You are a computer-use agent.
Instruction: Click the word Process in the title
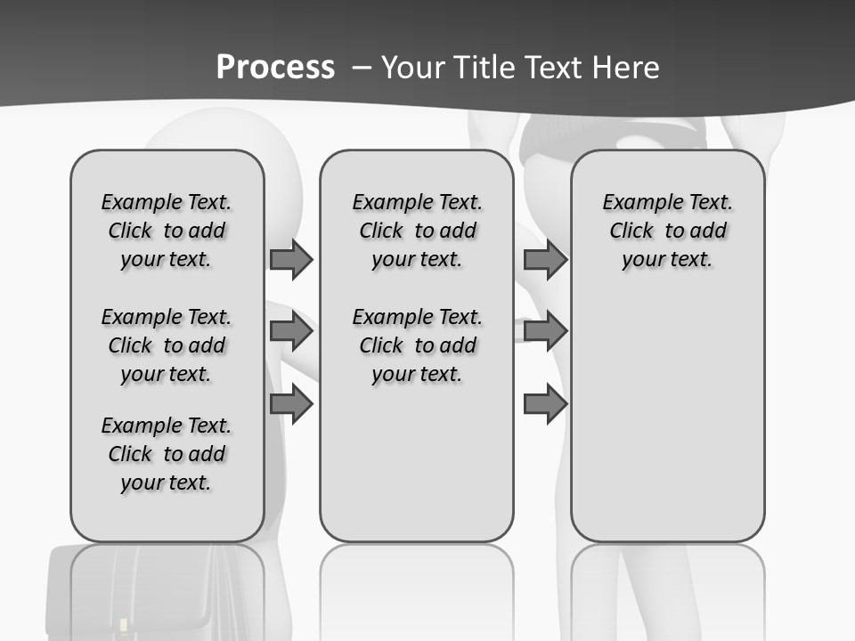coord(275,68)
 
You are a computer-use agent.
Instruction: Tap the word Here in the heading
coord(629,68)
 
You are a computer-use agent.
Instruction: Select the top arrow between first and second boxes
coord(291,260)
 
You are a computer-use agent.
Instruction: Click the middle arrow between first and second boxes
coord(291,332)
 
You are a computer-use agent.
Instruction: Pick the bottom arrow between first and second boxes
coord(291,404)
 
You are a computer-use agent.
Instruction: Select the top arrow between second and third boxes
coord(545,260)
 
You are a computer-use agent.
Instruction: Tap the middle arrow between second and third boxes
coord(545,332)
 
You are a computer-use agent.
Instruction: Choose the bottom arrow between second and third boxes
coord(545,404)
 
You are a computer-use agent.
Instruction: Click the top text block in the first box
coord(167,231)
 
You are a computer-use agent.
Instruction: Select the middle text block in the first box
coord(167,345)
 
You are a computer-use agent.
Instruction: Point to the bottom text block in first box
coord(167,454)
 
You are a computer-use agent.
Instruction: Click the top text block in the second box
coord(417,231)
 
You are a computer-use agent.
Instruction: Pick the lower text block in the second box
coord(417,345)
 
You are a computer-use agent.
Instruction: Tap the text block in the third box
coord(668,231)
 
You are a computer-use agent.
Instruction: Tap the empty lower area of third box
coord(668,418)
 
